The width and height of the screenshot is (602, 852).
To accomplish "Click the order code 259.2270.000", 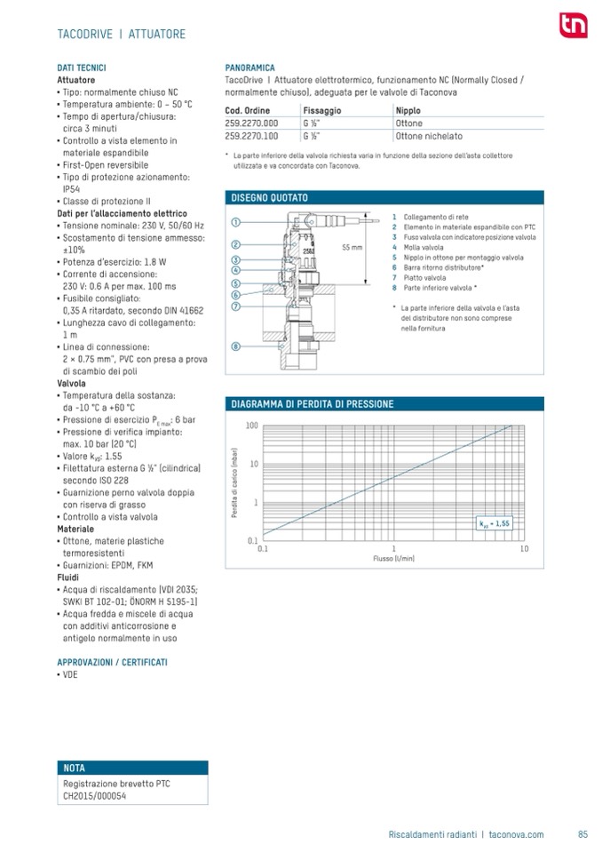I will click(x=251, y=123).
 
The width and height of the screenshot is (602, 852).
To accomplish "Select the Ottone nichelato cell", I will click(x=429, y=137).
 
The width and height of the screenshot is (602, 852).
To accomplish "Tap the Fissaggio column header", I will click(x=321, y=110).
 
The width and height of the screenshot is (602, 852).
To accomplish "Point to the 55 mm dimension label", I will click(x=352, y=247).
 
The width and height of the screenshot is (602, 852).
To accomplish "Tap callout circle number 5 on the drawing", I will click(x=236, y=283).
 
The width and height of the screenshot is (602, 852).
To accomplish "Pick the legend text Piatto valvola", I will click(x=424, y=278).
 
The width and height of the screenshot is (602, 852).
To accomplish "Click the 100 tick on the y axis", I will click(x=251, y=426).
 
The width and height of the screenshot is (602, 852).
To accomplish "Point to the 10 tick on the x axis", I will click(x=524, y=549).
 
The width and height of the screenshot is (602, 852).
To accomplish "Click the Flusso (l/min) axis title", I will click(x=393, y=558).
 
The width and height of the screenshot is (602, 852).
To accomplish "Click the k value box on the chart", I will click(x=495, y=523).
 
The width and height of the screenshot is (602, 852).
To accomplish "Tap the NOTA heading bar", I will click(x=132, y=768).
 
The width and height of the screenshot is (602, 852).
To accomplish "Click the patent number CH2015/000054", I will click(x=95, y=796).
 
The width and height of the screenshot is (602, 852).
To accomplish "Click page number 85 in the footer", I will click(x=582, y=834).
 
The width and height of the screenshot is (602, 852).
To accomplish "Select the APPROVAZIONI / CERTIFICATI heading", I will click(x=112, y=662).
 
